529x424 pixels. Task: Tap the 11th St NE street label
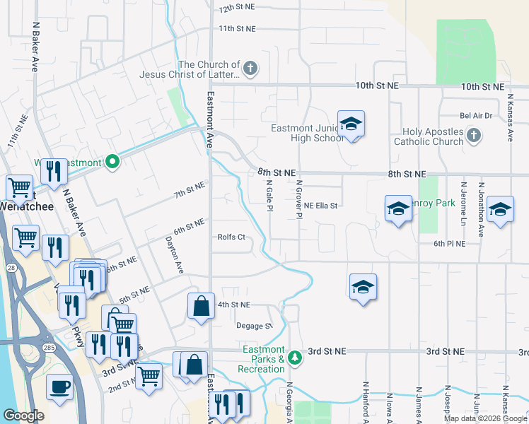pos(236,29)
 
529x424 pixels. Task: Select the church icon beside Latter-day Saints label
pos(250,69)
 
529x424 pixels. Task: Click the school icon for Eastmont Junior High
pos(351,125)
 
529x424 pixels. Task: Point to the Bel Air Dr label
pos(475,115)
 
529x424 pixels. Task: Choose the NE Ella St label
pos(322,206)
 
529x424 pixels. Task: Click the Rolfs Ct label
pos(231,237)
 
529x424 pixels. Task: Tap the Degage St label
pos(254,326)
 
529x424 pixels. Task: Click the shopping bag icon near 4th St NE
pos(201,307)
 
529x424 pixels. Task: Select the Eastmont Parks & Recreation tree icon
pos(296,358)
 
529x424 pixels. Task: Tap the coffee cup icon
pos(59,388)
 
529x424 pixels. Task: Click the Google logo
pos(23,416)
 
